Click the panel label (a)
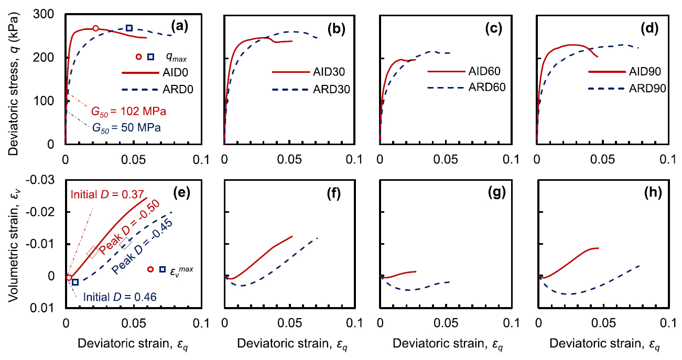[x=184, y=24]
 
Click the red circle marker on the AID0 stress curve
[x=95, y=28]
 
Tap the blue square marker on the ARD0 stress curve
[x=129, y=28]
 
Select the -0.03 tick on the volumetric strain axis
[x=44, y=180]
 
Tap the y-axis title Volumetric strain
[x=15, y=244]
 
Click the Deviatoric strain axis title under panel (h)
[x=602, y=344]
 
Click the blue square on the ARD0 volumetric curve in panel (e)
[x=75, y=282]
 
